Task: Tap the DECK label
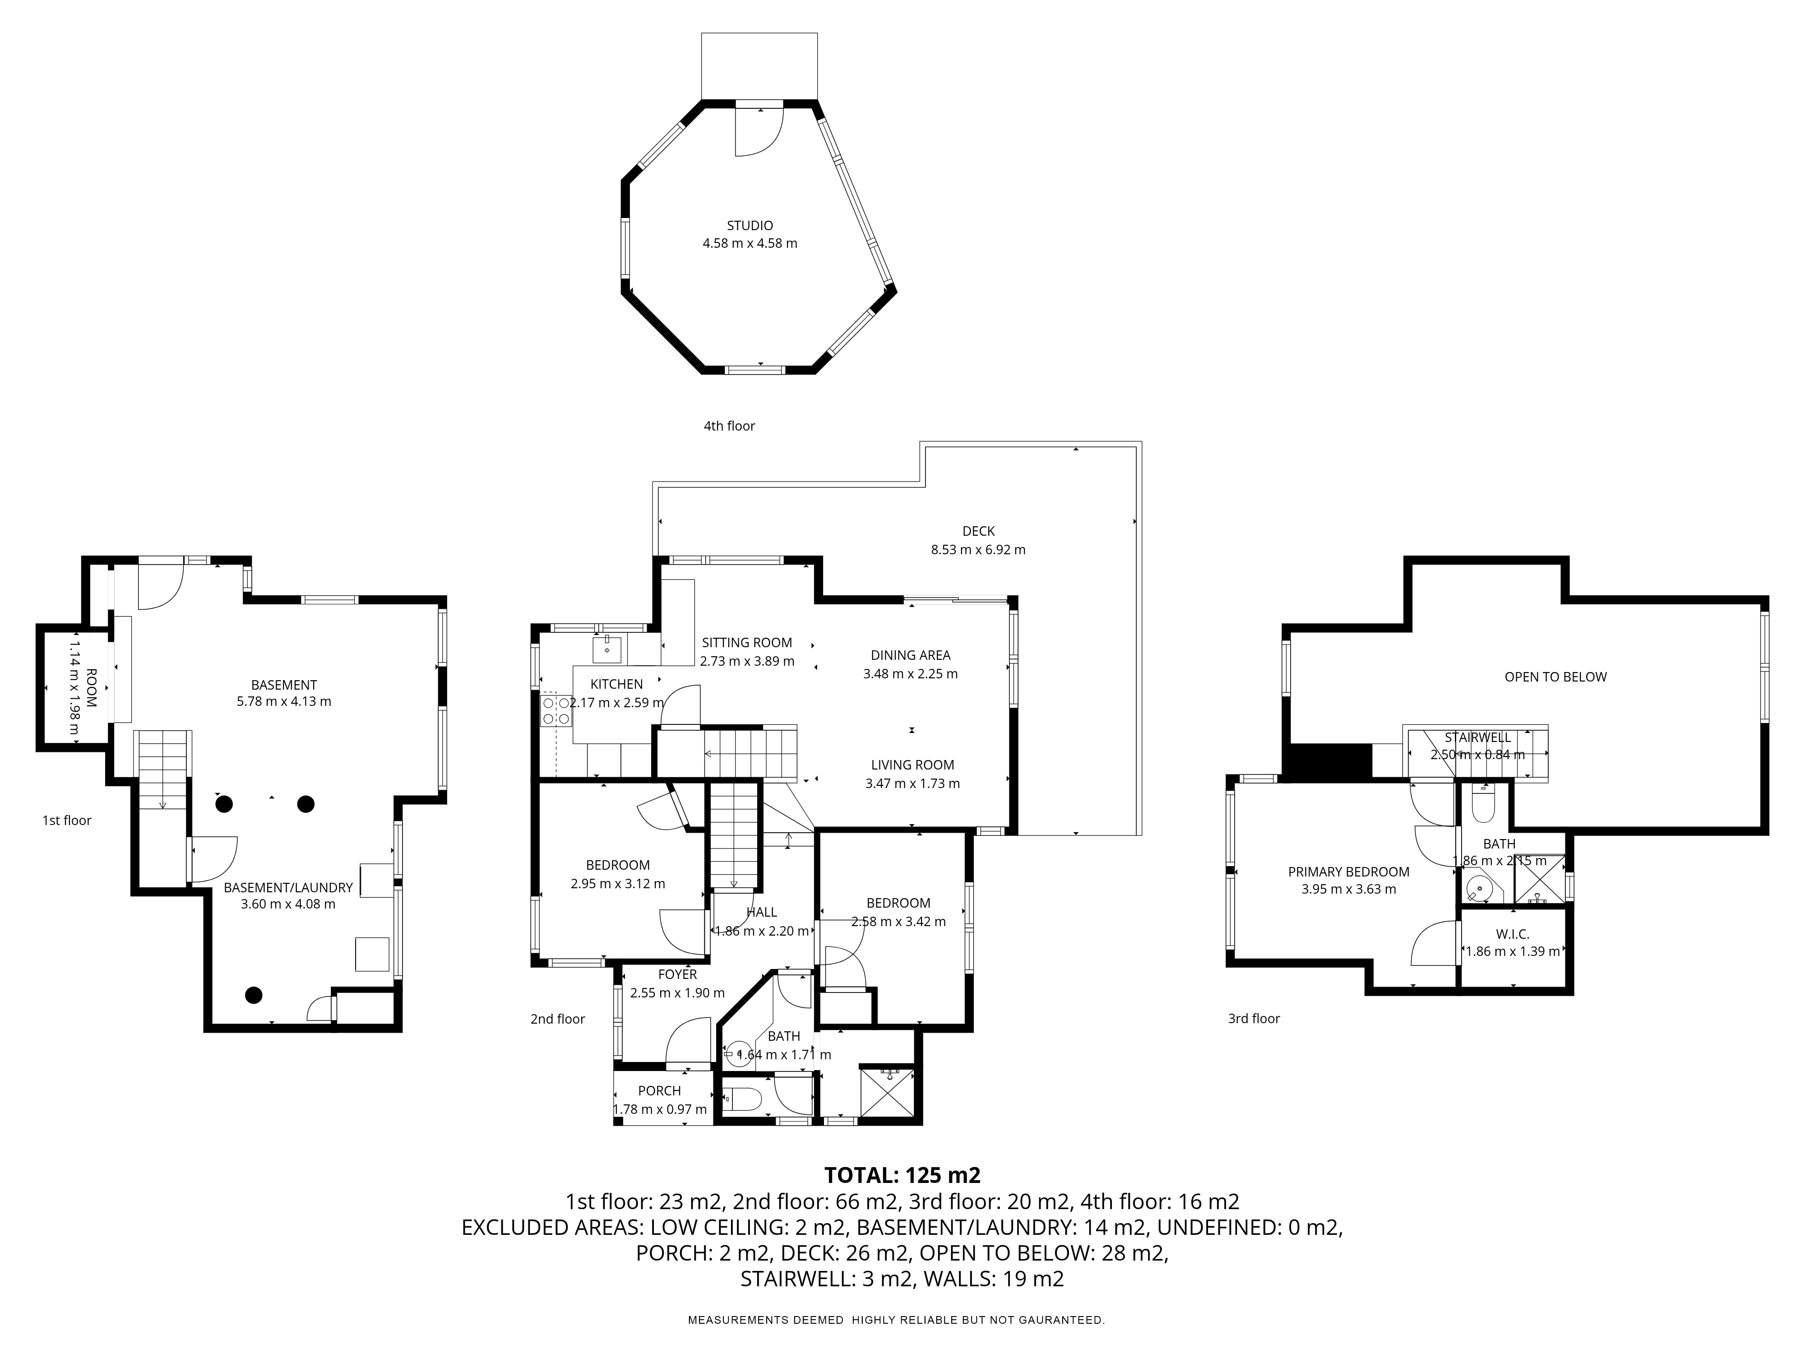pos(978,531)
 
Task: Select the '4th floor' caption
pos(730,426)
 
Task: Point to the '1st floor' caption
pos(67,820)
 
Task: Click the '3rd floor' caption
pos(1254,1019)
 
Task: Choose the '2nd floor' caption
pos(557,1019)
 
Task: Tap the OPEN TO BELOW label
pos(1555,677)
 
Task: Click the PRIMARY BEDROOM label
pos(1348,872)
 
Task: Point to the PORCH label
pos(659,1090)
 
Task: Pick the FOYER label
pos(677,974)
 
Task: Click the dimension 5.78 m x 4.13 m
pos(284,701)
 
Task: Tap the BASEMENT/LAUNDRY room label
pos(288,887)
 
